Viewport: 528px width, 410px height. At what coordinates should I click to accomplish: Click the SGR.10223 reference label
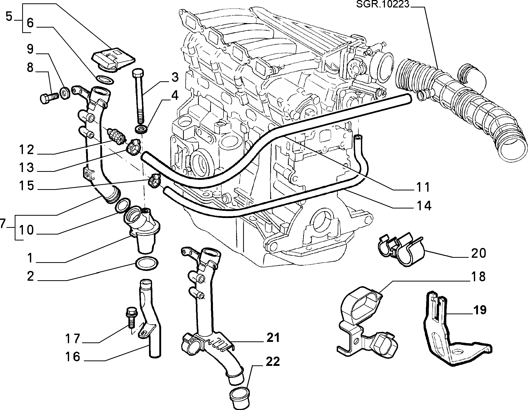point(383,4)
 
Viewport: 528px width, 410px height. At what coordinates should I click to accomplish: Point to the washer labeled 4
point(141,130)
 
